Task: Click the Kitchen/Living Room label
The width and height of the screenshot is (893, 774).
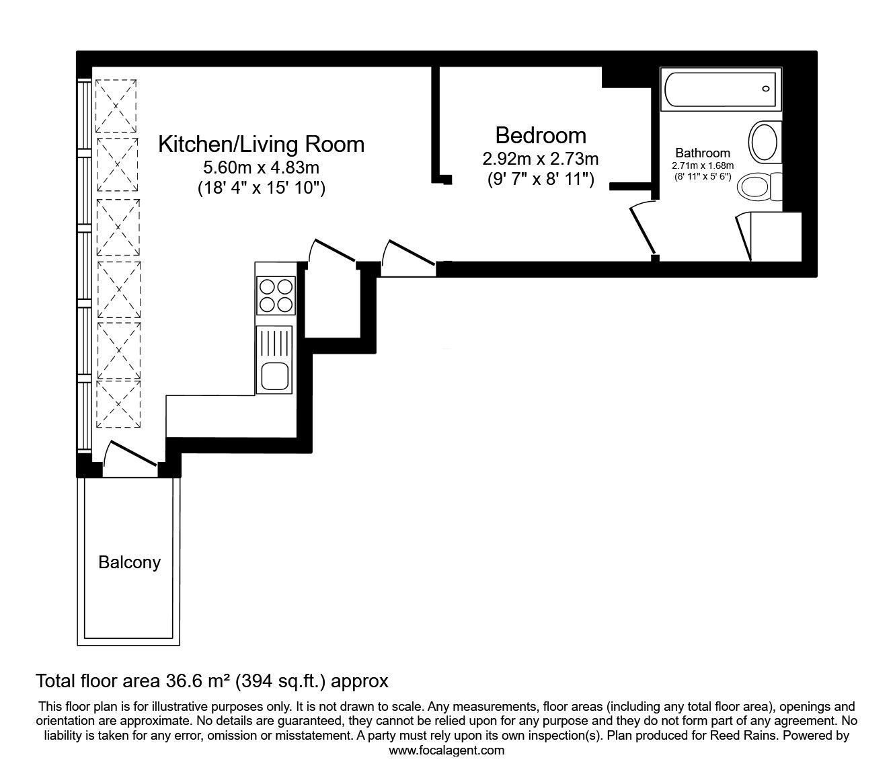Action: pyautogui.click(x=261, y=145)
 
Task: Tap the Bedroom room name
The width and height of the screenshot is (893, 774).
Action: pyautogui.click(x=541, y=136)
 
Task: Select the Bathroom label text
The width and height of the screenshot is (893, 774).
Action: pyautogui.click(x=703, y=153)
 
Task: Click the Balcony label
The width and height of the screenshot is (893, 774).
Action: pyautogui.click(x=129, y=562)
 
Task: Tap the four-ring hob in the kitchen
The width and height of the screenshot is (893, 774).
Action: pyautogui.click(x=276, y=295)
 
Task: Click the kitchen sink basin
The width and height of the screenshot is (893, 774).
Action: pyautogui.click(x=274, y=375)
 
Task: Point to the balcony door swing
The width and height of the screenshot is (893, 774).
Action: pyautogui.click(x=131, y=455)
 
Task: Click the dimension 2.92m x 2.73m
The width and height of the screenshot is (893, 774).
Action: pyautogui.click(x=541, y=159)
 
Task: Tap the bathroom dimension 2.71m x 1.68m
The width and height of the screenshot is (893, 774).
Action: pyautogui.click(x=703, y=165)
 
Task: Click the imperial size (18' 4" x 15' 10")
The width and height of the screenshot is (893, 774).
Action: pyautogui.click(x=261, y=189)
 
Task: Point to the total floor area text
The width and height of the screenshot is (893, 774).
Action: pyautogui.click(x=212, y=681)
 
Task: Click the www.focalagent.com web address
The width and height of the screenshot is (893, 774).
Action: pyautogui.click(x=446, y=750)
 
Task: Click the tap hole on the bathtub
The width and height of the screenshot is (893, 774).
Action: pyautogui.click(x=765, y=89)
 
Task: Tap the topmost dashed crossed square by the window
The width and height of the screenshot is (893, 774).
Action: pyautogui.click(x=116, y=106)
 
